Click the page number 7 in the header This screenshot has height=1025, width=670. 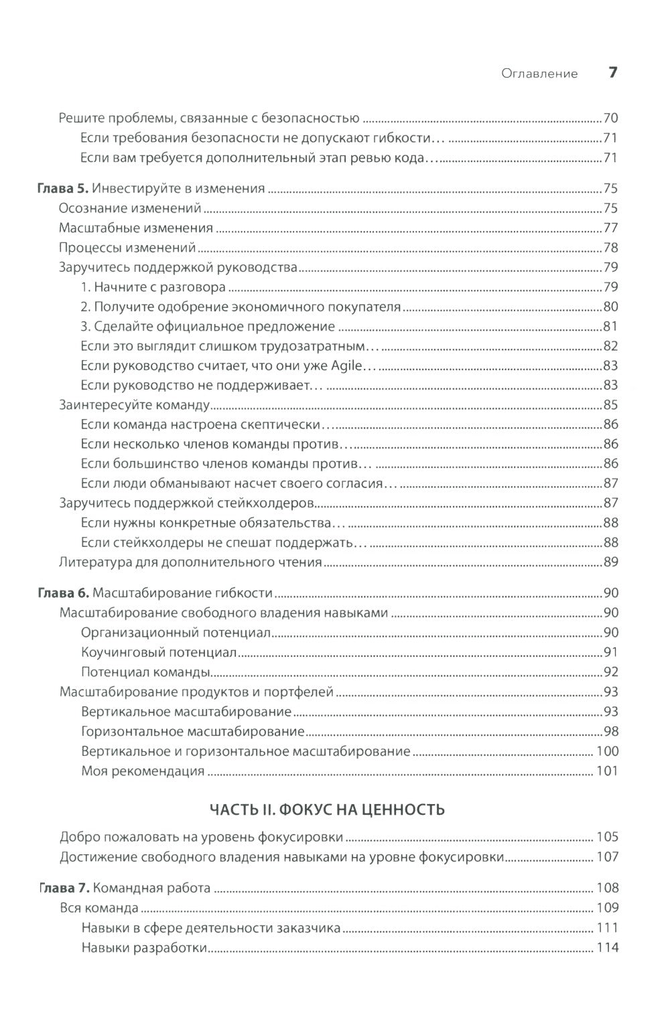pos(612,73)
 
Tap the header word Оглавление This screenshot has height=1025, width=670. pos(539,74)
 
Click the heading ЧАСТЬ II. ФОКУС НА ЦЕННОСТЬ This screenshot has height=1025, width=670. pos(327,810)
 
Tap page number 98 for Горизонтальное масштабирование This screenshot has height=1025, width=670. pos(610,731)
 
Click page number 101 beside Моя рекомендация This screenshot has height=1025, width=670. pos(607,771)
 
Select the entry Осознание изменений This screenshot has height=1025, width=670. pos(130,208)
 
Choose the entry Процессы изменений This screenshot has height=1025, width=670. pos(127,248)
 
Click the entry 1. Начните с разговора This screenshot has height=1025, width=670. pos(153,287)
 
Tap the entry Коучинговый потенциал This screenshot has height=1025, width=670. pos(159,652)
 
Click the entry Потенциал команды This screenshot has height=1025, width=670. pos(147,672)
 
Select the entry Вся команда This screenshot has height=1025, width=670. pos(99,909)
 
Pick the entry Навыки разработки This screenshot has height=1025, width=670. pos(144,948)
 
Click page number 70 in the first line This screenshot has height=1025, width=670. pos(610,119)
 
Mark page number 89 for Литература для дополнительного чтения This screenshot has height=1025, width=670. pos(610,562)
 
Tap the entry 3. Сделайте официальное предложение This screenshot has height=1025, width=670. pos(208,327)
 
